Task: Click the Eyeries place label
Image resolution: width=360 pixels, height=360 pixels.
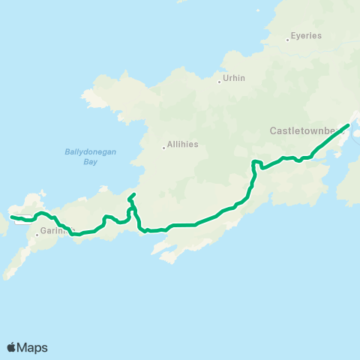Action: pyautogui.click(x=307, y=35)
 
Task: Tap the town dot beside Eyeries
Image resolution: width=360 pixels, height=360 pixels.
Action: pyautogui.click(x=288, y=39)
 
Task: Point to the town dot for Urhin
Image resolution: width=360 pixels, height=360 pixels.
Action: pyautogui.click(x=219, y=82)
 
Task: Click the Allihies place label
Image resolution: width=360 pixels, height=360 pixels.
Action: pyautogui.click(x=183, y=144)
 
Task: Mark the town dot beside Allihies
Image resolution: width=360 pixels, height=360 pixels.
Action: pyautogui.click(x=163, y=148)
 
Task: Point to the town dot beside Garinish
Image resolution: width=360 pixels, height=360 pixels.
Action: pyautogui.click(x=36, y=235)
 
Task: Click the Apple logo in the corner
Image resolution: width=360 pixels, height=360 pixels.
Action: pyautogui.click(x=11, y=347)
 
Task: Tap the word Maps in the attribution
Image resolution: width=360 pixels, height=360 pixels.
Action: pyautogui.click(x=33, y=347)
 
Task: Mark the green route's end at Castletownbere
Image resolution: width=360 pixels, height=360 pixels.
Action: pyautogui.click(x=349, y=125)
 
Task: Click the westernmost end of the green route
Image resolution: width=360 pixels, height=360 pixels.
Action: pyautogui.click(x=11, y=217)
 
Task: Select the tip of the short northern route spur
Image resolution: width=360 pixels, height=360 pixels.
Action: pyautogui.click(x=133, y=195)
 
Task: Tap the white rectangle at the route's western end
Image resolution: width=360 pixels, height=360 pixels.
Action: pyautogui.click(x=22, y=220)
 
